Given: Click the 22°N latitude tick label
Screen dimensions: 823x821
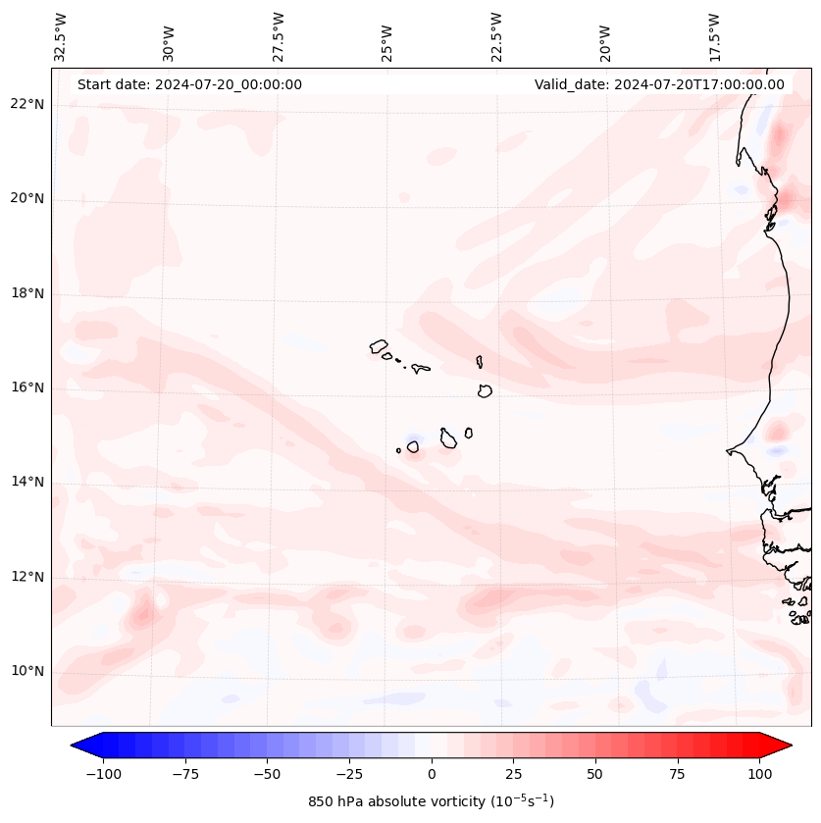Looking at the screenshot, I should [x=27, y=104].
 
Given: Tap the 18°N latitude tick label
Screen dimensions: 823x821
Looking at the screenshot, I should [x=27, y=293].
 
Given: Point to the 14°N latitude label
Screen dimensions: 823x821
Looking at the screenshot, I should [x=27, y=482].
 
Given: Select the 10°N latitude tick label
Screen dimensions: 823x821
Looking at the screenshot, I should [x=27, y=671].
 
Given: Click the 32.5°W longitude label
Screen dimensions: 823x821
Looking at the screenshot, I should [x=61, y=37].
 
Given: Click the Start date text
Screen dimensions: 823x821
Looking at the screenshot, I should [x=189, y=84].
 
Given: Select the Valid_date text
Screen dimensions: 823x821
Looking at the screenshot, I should [x=659, y=84].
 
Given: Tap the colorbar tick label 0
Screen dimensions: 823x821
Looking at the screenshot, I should [x=432, y=774].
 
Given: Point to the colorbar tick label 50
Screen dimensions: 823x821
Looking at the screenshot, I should [x=595, y=774].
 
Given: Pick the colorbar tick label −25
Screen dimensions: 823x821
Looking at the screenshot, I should [x=349, y=774].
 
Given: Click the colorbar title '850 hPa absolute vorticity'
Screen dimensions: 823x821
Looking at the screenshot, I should [x=432, y=801].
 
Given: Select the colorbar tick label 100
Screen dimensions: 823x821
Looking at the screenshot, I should [x=759, y=774].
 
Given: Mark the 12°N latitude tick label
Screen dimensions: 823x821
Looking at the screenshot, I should [x=27, y=577].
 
